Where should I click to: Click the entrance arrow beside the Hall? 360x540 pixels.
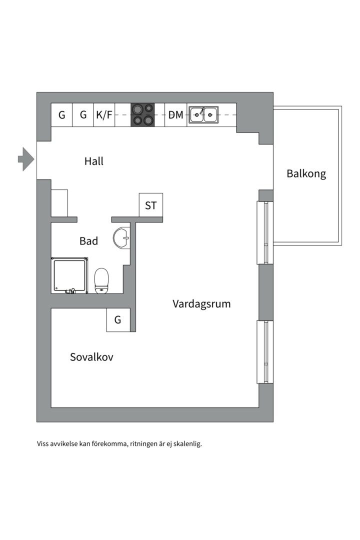(x=26, y=159)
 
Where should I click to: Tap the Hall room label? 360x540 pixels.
(x=94, y=161)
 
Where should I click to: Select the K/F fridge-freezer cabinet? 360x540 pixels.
(x=104, y=115)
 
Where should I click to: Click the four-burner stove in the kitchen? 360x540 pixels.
(x=142, y=115)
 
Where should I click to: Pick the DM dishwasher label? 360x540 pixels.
(x=175, y=115)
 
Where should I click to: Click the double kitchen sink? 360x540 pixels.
(x=204, y=115)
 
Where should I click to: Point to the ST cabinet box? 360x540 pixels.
(x=150, y=205)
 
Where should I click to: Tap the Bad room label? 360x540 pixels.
(x=88, y=241)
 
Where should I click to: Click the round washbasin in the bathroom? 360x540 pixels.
(x=121, y=238)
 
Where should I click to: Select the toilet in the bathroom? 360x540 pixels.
(x=102, y=280)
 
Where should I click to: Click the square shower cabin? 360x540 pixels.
(x=69, y=275)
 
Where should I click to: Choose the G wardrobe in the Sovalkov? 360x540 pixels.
(x=118, y=320)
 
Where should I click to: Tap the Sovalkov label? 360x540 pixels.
(x=91, y=357)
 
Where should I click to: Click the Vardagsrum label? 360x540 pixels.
(x=201, y=303)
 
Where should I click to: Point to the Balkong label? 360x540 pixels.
(x=306, y=174)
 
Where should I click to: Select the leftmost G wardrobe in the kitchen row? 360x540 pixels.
(x=62, y=115)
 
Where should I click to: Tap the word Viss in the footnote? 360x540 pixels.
(x=43, y=443)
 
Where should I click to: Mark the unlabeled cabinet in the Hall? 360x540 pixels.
(x=59, y=203)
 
